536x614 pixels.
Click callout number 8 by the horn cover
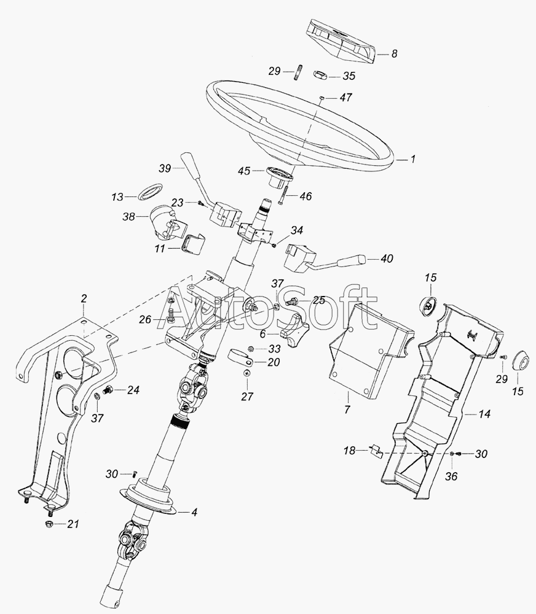[394, 53]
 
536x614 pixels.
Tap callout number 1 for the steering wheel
[412, 159]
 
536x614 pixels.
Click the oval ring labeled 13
[150, 192]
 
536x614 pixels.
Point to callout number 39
[165, 168]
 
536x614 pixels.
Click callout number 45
[244, 171]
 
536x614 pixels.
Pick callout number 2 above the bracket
[84, 299]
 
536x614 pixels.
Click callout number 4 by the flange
[194, 512]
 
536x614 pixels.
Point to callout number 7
[347, 409]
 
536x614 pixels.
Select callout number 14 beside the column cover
[484, 413]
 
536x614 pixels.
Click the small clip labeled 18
[376, 450]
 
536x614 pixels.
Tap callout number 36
[451, 476]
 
